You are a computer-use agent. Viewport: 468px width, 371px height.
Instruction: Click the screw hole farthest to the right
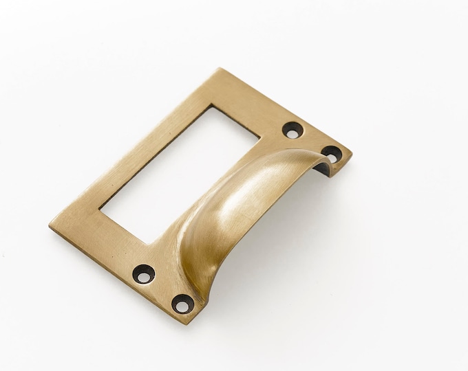(x=331, y=154)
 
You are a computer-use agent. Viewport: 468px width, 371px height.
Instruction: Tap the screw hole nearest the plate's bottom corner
(x=183, y=302)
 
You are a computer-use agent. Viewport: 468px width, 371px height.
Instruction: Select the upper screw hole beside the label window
(x=293, y=130)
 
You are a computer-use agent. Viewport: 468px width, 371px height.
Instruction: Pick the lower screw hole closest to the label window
(x=144, y=273)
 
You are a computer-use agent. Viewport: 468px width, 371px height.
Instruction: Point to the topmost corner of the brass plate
(x=220, y=68)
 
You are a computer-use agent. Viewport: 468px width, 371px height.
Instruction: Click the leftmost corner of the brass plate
(x=50, y=225)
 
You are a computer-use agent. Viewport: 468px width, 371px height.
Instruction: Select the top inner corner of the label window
(x=212, y=106)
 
